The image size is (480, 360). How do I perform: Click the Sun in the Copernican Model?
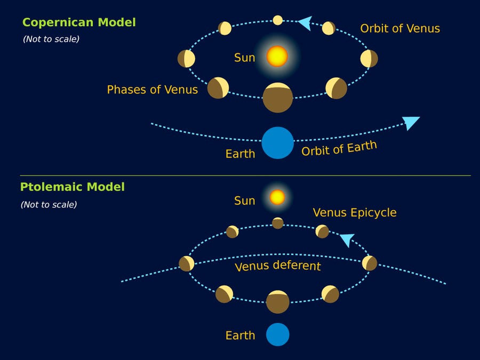[x=277, y=56]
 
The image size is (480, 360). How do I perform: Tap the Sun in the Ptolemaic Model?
[x=277, y=197]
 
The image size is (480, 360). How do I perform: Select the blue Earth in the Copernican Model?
[x=278, y=143]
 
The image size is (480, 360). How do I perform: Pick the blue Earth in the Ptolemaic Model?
[x=278, y=334]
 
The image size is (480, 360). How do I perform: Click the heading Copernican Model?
[x=79, y=22]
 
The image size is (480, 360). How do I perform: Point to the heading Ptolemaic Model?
[x=73, y=187]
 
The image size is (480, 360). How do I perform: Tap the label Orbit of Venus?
[x=400, y=29]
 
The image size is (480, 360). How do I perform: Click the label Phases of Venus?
[x=152, y=90]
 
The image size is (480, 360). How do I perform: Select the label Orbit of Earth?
[x=339, y=148]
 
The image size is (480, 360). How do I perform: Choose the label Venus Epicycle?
[x=355, y=212]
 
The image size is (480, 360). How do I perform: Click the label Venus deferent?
[x=278, y=265]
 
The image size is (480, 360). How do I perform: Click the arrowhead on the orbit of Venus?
[x=305, y=22]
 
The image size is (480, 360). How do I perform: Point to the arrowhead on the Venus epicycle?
[x=347, y=239]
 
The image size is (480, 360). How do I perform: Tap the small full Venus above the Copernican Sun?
[x=277, y=20]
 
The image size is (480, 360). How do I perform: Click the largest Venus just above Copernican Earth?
[x=278, y=98]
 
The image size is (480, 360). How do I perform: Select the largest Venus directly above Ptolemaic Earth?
[x=278, y=302]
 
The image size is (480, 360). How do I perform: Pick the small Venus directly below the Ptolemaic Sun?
[x=278, y=223]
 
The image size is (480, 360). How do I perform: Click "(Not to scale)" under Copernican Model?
[x=51, y=39]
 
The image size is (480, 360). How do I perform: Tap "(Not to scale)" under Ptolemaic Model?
[x=49, y=204]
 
